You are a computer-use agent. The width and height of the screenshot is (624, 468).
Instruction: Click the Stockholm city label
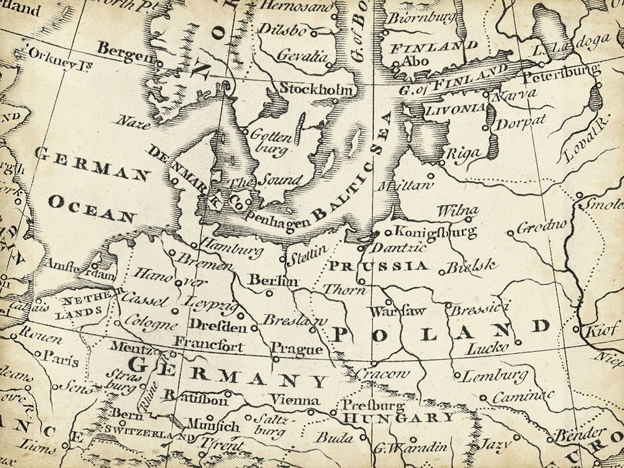pyautogui.click(x=315, y=89)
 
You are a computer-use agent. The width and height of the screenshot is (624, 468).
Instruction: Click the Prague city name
pyautogui.click(x=297, y=349)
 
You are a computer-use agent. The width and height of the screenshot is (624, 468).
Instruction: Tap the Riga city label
pyautogui.click(x=461, y=154)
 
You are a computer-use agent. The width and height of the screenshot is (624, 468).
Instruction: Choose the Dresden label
pyautogui.click(x=217, y=326)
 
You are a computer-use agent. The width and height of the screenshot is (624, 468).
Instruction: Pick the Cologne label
pyautogui.click(x=151, y=324)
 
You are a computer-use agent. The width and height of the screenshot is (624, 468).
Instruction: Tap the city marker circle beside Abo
pyautogui.click(x=396, y=64)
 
